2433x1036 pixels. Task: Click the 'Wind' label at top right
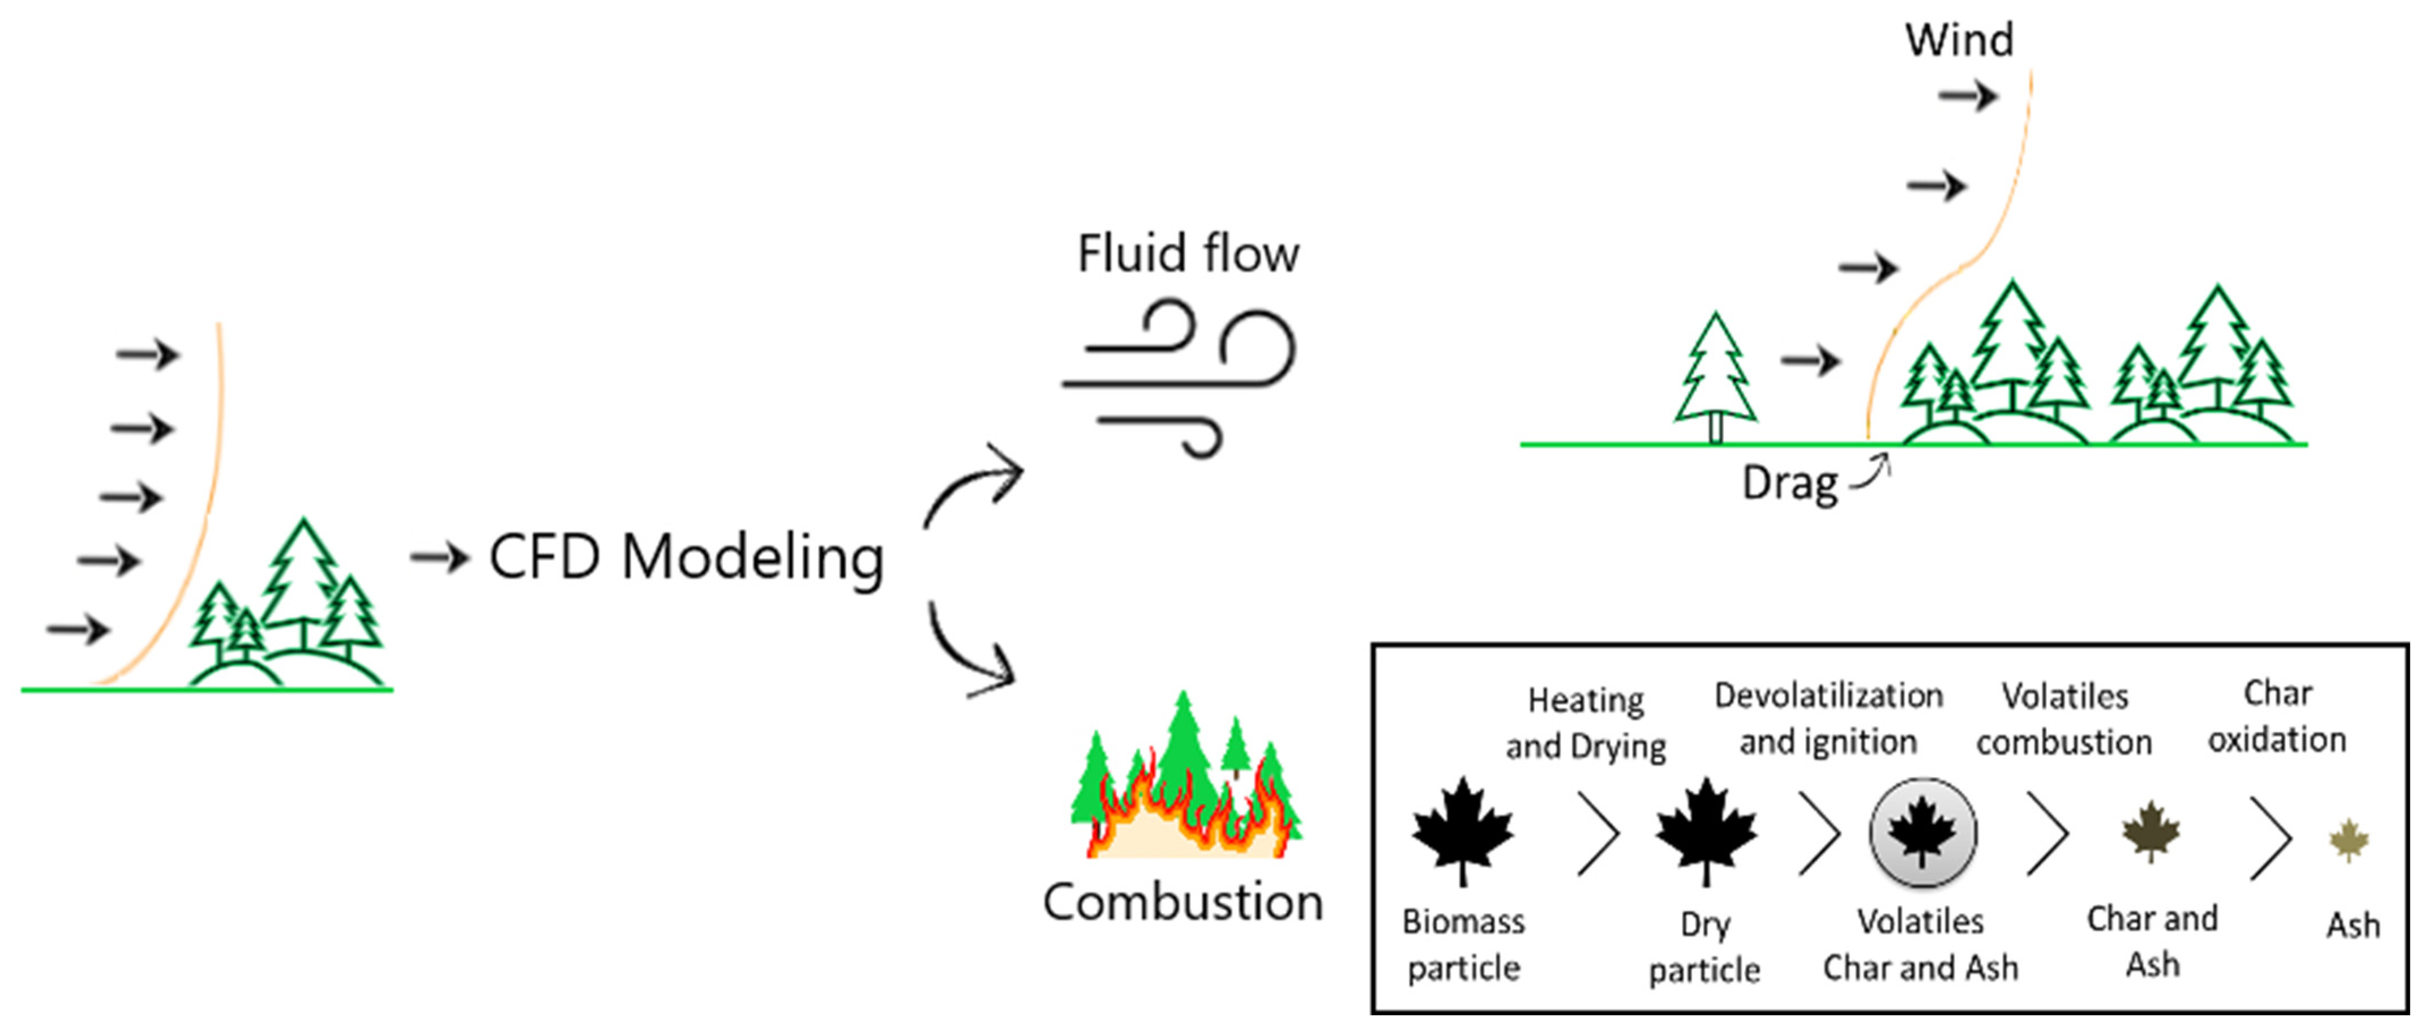pos(1959,40)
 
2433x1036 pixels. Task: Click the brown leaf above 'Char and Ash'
pos(2151,831)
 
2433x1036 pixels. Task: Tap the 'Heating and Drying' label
pos(1585,722)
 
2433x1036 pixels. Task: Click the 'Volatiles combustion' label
pos(2064,718)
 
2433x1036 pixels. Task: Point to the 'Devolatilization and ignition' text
pos(1828,718)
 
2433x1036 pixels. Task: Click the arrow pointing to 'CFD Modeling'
pos(439,557)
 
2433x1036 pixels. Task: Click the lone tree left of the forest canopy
pos(1715,378)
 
